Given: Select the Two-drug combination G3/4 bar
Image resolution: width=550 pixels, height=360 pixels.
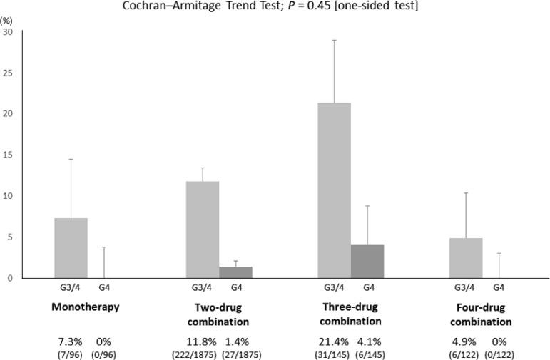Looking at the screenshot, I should click(x=203, y=230).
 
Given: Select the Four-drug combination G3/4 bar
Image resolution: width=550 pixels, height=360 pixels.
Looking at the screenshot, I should click(x=466, y=258).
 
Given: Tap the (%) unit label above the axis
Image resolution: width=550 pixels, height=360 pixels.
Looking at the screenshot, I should click(x=7, y=21).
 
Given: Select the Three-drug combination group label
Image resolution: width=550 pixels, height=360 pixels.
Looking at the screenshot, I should click(x=350, y=314).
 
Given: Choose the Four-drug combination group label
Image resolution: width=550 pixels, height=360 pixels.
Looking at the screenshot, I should click(x=482, y=314).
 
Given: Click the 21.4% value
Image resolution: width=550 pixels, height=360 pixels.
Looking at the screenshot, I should click(x=331, y=341).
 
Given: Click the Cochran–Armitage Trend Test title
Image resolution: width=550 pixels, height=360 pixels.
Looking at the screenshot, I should click(x=275, y=6).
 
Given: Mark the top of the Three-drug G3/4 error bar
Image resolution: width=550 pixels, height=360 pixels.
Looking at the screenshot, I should click(x=334, y=41).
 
